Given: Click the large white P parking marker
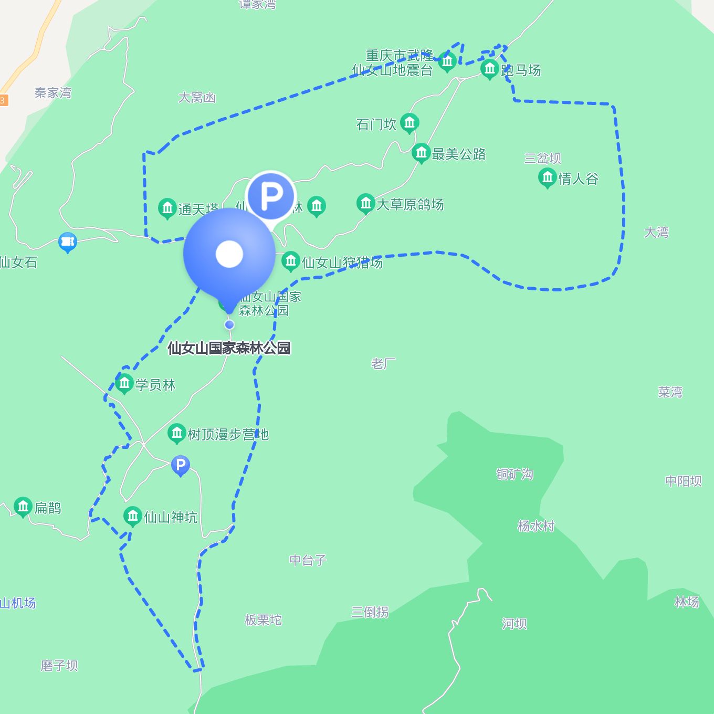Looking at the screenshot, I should click(271, 196).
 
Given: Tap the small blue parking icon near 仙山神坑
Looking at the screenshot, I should click(180, 465).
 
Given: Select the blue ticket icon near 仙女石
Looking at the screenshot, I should click(68, 242).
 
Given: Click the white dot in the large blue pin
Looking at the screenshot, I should click(229, 254).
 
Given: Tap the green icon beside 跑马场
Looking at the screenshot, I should click(489, 69).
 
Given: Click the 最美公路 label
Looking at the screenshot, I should click(458, 154).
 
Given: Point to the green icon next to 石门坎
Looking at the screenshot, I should click(409, 123).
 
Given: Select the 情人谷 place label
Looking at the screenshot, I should click(578, 179).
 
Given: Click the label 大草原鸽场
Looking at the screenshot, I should click(409, 204).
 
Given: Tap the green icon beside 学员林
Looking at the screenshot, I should click(124, 384).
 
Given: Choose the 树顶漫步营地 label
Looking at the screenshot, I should click(228, 435).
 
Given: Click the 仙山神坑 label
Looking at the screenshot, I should click(171, 518).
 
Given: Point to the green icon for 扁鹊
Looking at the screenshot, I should click(23, 507).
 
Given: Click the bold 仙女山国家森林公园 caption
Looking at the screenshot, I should click(229, 348).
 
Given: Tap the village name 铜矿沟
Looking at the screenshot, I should click(514, 475).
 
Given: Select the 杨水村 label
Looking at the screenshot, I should click(535, 526).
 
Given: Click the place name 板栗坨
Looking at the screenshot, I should click(263, 620).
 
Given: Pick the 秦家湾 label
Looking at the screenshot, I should click(52, 93).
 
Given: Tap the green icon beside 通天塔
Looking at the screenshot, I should click(167, 208).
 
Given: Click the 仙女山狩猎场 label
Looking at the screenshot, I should click(342, 262).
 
